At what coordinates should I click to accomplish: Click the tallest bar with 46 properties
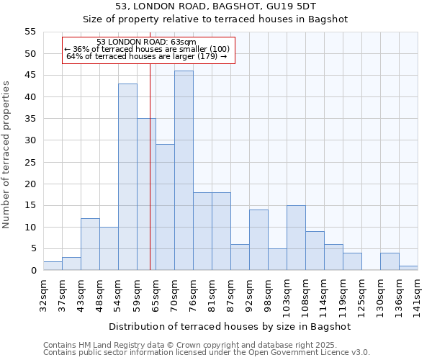pyautogui.click(x=184, y=171)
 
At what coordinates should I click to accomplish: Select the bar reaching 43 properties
pyautogui.click(x=127, y=177)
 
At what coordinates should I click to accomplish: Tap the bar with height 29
pyautogui.click(x=165, y=207)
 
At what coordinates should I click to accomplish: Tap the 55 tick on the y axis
pyautogui.click(x=30, y=32)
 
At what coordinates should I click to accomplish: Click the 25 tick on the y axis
pyautogui.click(x=30, y=162)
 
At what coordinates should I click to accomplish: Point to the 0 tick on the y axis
pyautogui.click(x=33, y=271)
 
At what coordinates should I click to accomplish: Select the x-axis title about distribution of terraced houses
pyautogui.click(x=230, y=326)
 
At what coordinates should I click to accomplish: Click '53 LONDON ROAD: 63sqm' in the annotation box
pyautogui.click(x=146, y=42)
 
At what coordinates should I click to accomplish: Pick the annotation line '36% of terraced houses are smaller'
pyautogui.click(x=147, y=49)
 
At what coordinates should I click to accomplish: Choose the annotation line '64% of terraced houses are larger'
pyautogui.click(x=147, y=56)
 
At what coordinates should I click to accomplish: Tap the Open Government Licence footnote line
pyautogui.click(x=207, y=353)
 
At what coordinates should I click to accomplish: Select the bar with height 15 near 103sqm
pyautogui.click(x=296, y=238)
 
